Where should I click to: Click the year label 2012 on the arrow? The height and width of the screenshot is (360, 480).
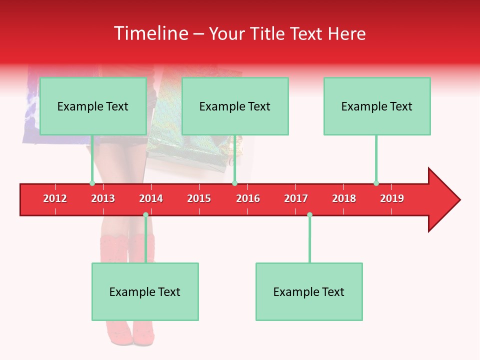[55, 198]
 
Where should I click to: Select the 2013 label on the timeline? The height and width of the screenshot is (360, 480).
[103, 198]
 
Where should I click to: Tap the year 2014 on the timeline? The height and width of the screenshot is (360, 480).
[151, 198]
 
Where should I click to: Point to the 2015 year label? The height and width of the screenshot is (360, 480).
[199, 198]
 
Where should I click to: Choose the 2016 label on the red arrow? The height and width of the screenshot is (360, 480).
[248, 198]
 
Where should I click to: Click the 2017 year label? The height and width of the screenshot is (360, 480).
[296, 198]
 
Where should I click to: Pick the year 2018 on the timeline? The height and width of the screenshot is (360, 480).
[344, 198]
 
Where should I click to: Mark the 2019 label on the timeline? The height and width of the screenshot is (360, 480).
[392, 198]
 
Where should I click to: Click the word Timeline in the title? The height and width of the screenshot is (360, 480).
[150, 33]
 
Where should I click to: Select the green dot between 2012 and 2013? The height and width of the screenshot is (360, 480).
[92, 183]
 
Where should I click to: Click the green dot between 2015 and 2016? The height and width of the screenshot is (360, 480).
[234, 183]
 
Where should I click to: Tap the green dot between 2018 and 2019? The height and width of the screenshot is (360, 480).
[376, 183]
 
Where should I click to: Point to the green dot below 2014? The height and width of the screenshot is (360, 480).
[145, 214]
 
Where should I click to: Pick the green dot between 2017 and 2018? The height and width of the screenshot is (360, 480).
[309, 214]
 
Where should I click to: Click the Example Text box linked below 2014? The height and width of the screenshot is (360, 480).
[145, 292]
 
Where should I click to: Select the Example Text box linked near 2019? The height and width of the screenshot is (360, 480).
[377, 106]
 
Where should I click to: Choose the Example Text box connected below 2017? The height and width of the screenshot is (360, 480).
[309, 292]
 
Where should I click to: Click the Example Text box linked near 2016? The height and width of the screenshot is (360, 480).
[235, 106]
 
